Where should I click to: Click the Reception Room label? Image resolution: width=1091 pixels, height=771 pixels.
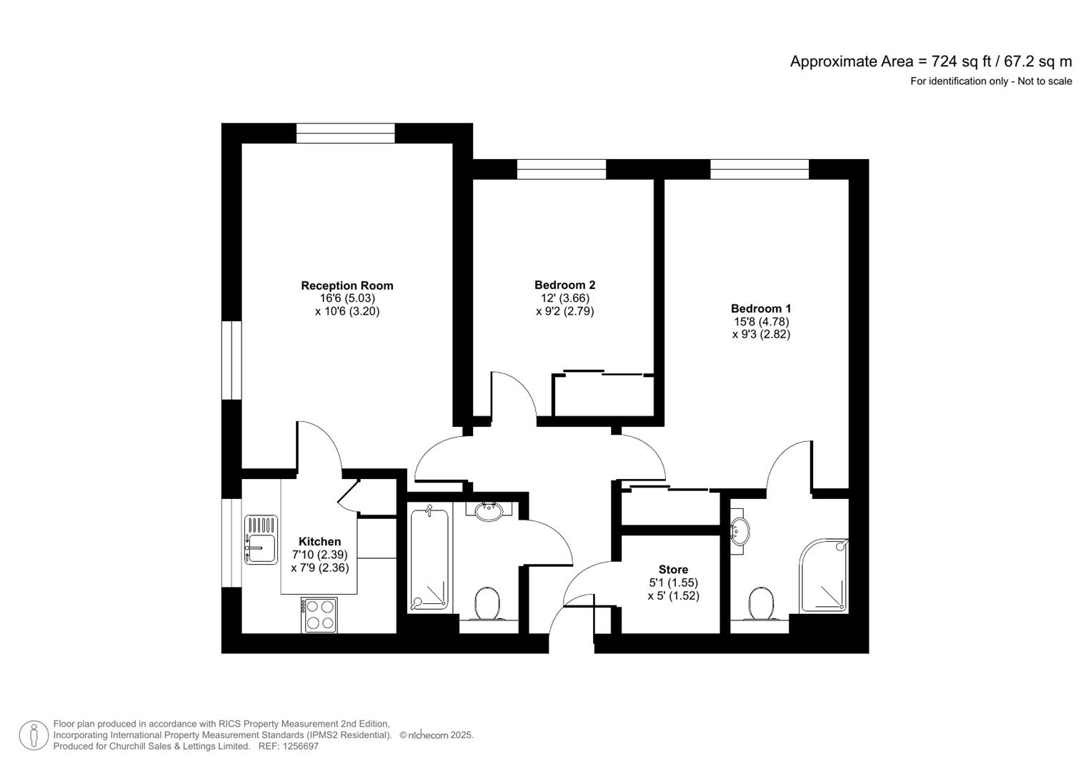pos(347,286)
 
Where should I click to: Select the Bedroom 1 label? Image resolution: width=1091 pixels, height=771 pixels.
pos(761,309)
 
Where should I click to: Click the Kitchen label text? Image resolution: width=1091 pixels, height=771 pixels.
pos(319,542)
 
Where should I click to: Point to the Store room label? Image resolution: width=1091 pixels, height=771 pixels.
pos(673,570)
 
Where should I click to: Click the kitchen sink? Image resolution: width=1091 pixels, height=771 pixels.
pos(261,540)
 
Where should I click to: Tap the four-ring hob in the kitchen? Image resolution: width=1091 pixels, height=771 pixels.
pos(319,614)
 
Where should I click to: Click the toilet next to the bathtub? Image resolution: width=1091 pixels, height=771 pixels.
pos(488,603)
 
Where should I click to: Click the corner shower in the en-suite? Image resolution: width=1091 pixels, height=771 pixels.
pos(825,576)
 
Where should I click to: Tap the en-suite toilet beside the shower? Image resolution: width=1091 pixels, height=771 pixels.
pos(759,604)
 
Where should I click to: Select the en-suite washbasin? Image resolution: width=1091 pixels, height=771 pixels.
pos(740,531)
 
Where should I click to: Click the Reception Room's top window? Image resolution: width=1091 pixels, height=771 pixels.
pos(346,133)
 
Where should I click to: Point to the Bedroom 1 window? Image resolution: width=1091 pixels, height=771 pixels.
pos(759,169)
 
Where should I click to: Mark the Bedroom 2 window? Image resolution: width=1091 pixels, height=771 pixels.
pos(562,169)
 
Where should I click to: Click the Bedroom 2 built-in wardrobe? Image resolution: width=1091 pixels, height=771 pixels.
pos(604,395)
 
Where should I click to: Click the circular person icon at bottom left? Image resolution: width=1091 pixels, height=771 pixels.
pos(34,735)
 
